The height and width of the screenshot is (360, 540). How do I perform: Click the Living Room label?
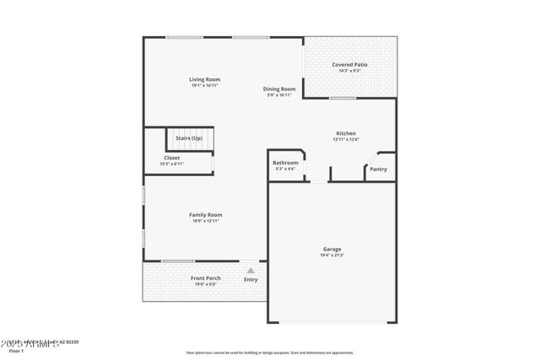(205, 79)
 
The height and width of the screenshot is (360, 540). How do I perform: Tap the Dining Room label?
(279, 89)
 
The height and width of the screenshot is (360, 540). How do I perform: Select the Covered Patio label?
(349, 64)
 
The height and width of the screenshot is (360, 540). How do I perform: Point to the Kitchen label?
(346, 133)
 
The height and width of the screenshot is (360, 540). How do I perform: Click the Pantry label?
(378, 169)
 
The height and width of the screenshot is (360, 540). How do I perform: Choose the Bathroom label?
(285, 163)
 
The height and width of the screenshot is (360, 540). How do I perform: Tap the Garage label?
(332, 249)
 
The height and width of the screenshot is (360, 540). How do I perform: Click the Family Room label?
(205, 215)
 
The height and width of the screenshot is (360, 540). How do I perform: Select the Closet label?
(171, 158)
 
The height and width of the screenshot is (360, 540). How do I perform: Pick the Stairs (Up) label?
(188, 137)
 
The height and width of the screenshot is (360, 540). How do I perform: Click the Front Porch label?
(205, 278)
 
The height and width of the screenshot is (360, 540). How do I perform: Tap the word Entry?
(251, 279)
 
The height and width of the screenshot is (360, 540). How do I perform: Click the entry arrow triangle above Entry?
(251, 270)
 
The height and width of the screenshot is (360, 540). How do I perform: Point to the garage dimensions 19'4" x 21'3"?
(332, 255)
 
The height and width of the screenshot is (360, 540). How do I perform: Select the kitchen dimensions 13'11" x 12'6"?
(346, 139)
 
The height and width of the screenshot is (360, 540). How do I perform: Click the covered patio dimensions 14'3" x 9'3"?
(349, 70)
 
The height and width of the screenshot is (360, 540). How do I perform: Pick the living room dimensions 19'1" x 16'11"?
(205, 85)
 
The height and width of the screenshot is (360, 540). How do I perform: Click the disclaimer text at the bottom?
(269, 352)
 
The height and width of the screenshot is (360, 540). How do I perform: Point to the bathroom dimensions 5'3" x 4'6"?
(285, 169)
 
